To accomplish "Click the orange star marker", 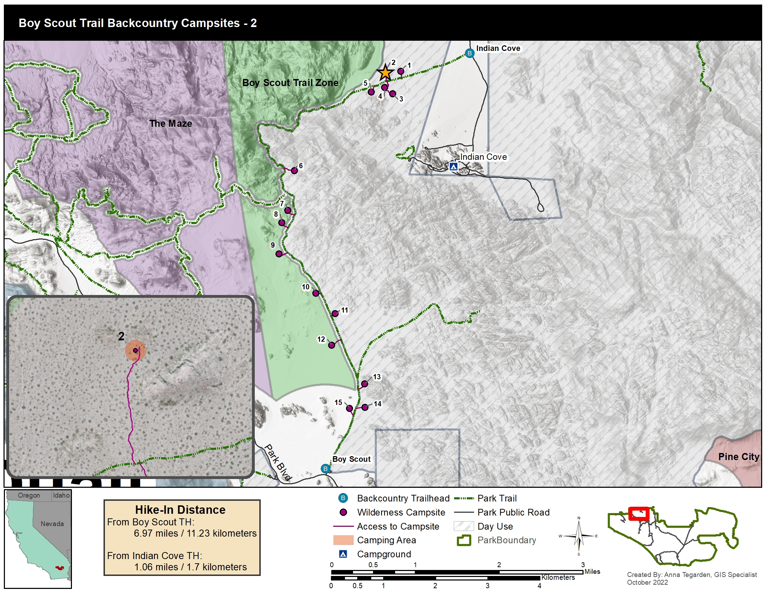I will click(x=385, y=72).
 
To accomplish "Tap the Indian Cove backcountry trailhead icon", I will click(x=470, y=53).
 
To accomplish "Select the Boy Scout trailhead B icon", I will click(x=325, y=468).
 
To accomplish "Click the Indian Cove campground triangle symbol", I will click(x=453, y=166).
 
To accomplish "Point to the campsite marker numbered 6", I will click(x=294, y=170).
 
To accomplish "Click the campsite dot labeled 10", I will click(x=316, y=293).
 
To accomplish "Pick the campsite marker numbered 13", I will click(x=365, y=384).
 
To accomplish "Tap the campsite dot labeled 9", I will click(x=279, y=254).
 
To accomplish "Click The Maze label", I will click(x=171, y=123).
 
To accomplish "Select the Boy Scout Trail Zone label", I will click(x=290, y=83).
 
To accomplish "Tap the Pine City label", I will click(x=738, y=457).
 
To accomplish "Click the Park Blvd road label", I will click(x=278, y=462).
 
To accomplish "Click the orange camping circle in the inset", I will click(x=135, y=350).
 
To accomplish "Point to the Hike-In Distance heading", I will click(x=180, y=510).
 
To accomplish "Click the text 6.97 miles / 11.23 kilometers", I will click(x=195, y=533).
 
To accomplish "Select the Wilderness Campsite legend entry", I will click(x=401, y=512).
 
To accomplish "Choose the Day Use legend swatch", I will click(x=464, y=526).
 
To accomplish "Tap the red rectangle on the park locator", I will click(x=639, y=513).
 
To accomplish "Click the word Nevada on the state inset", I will click(x=52, y=524).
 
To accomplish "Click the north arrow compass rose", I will click(x=579, y=536).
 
